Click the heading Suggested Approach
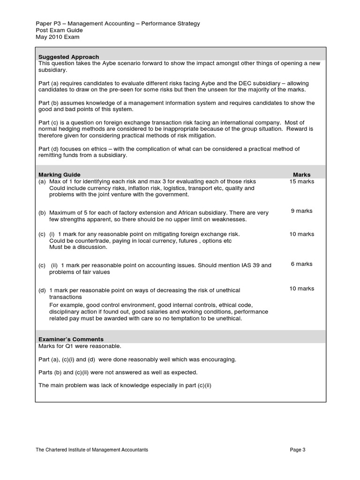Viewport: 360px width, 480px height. coord(68,57)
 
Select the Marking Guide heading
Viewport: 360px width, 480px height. coord(59,175)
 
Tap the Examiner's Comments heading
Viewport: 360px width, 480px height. coord(71,339)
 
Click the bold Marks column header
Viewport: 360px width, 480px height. coord(301,175)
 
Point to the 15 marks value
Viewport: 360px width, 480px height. coord(301,181)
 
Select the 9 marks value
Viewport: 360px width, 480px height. coord(301,211)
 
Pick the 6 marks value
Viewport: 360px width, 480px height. coord(301,264)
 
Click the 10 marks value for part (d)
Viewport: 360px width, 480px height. coord(301,289)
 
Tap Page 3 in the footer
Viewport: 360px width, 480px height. coord(298,450)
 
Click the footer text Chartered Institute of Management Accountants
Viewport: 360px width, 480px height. coord(92,450)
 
